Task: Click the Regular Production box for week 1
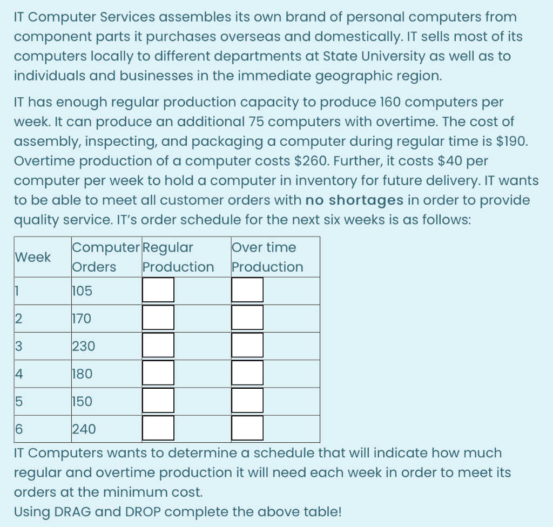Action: click(158, 290)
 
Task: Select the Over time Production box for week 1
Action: click(247, 290)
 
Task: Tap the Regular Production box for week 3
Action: click(158, 346)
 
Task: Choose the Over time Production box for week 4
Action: click(247, 373)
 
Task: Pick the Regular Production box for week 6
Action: click(158, 428)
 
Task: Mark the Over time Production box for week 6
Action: click(247, 428)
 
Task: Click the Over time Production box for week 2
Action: click(247, 317)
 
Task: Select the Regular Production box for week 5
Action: click(158, 401)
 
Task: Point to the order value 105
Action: click(82, 291)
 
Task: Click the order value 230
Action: click(83, 346)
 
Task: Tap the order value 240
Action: click(84, 429)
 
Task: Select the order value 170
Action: click(82, 319)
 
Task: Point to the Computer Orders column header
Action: click(106, 257)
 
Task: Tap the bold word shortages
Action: click(366, 200)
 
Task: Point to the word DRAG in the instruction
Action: click(72, 511)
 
